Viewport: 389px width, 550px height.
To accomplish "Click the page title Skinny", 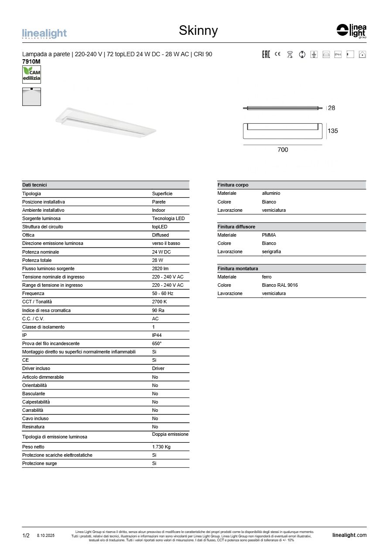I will tap(198, 31).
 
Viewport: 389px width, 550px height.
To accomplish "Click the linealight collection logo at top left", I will tap(44, 34).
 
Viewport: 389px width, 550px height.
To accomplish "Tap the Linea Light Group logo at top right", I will tap(351, 31).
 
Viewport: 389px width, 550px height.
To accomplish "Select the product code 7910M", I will tap(31, 62).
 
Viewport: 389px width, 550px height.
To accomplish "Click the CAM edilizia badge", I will tap(31, 75).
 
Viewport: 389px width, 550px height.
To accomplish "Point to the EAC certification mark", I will tap(266, 54).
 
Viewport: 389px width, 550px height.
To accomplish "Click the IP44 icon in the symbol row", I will tap(338, 54).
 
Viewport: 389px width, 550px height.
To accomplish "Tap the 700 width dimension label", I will tap(283, 150).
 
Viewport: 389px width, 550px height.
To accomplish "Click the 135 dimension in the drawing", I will tap(332, 131).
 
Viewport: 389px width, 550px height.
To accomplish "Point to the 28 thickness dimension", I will tap(331, 108).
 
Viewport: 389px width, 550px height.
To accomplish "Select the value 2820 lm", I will tap(160, 269).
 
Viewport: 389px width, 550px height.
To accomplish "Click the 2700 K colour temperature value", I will tap(159, 302).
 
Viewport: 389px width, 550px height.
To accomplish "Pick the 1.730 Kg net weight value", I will tap(161, 447).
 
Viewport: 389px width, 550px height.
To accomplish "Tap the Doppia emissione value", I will tap(170, 435).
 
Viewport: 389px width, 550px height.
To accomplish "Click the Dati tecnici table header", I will tap(34, 185).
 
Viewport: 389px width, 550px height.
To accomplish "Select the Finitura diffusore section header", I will tap(236, 227).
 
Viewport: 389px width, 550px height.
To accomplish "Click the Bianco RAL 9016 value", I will tap(280, 285).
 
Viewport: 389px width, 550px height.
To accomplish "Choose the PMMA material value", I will tap(269, 235).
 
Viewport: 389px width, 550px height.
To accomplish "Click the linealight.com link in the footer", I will tap(349, 535).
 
